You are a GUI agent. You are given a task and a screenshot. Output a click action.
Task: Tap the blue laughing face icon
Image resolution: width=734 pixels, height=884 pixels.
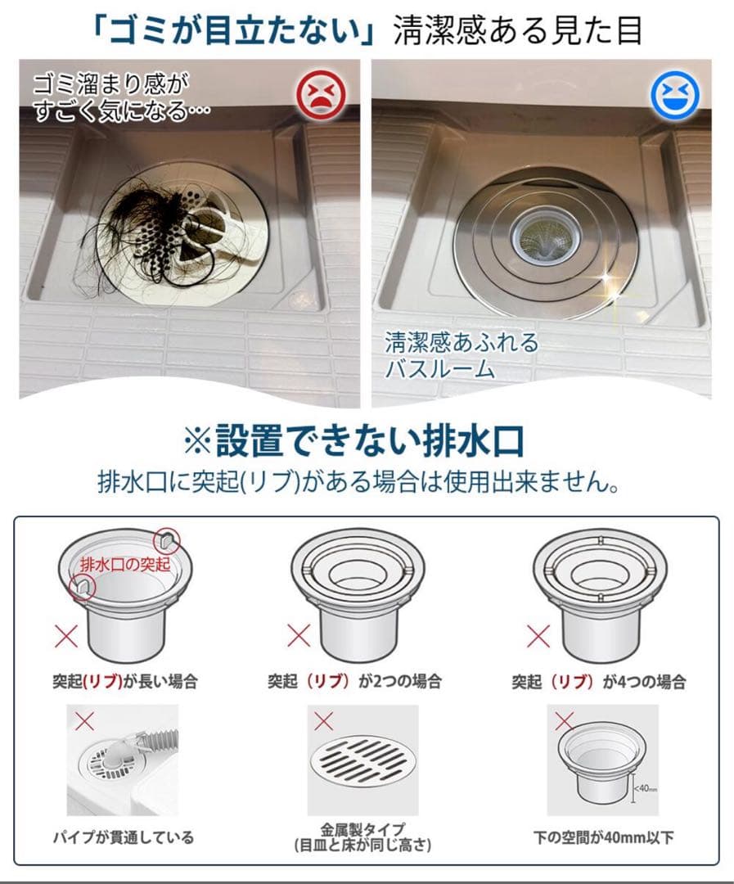674,93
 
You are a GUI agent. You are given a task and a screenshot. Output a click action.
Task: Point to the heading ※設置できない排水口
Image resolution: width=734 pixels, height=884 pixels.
354,441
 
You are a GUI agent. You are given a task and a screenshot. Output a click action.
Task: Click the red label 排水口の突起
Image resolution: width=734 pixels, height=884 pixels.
125,564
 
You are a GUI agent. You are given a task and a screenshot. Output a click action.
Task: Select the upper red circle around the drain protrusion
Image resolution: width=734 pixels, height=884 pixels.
167,542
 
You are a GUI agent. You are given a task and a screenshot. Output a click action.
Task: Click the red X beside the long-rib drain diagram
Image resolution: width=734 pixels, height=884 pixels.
66,636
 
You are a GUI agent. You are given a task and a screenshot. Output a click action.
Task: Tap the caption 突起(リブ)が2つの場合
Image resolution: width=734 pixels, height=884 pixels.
354,681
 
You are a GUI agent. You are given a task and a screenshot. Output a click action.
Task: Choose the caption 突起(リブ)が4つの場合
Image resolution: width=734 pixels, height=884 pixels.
599,682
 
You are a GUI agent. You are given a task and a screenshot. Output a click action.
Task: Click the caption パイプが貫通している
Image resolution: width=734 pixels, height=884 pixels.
124,837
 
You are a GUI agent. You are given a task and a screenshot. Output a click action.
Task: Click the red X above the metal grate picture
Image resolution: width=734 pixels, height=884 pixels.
323,721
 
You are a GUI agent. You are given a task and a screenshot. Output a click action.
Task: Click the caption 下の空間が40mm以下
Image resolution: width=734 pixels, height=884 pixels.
603,837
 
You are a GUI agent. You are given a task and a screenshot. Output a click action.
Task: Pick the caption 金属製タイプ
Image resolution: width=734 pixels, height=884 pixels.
362,829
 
